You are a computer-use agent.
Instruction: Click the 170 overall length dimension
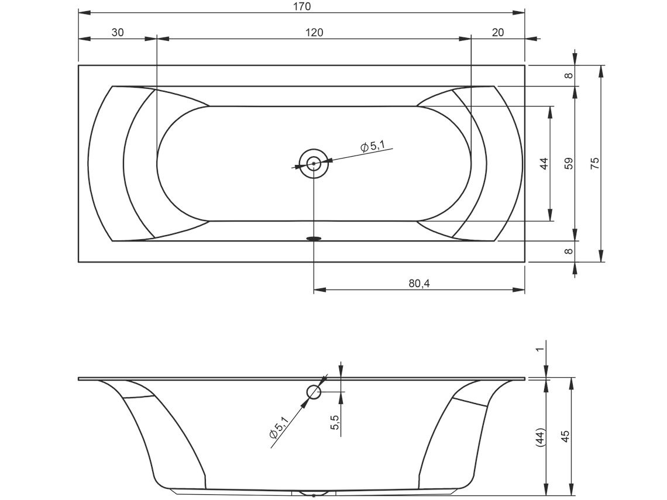click(301, 6)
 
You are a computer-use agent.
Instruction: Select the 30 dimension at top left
click(118, 32)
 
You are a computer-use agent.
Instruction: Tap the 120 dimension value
click(314, 32)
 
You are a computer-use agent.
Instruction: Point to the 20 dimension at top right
click(497, 32)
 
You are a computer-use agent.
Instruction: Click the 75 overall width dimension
click(594, 163)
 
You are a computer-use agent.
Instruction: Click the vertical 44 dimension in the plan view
click(544, 163)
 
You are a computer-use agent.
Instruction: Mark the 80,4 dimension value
click(420, 283)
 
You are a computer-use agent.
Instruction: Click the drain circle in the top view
click(314, 163)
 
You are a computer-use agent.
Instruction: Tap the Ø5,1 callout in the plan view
click(372, 147)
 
